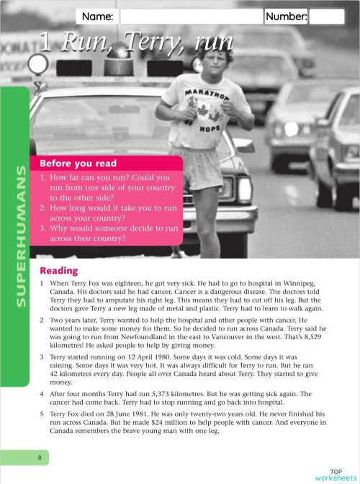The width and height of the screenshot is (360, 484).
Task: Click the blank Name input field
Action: pyautogui.click(x=191, y=17)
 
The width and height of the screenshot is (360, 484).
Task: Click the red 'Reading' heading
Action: pyautogui.click(x=59, y=270)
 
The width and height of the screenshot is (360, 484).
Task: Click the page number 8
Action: pyautogui.click(x=40, y=457)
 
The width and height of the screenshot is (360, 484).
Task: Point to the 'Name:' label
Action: pyautogui.click(x=98, y=17)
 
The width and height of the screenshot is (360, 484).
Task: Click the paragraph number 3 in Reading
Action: pyautogui.click(x=42, y=356)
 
